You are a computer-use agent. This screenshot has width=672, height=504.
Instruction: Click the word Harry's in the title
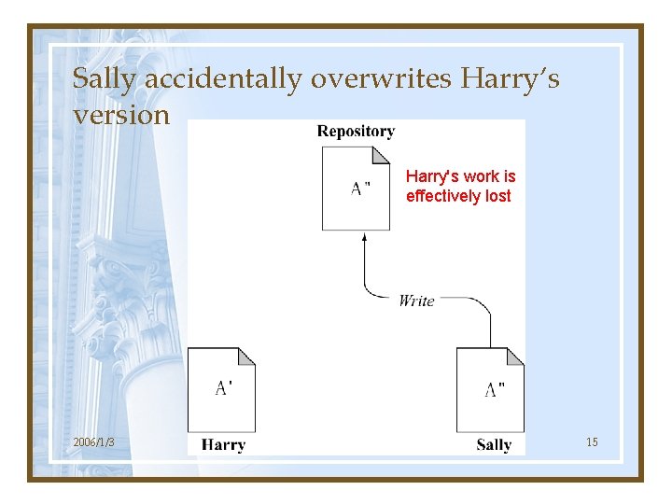(x=510, y=79)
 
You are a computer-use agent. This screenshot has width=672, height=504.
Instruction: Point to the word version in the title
(x=121, y=115)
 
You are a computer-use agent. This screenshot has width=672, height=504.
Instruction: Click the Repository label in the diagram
(x=356, y=132)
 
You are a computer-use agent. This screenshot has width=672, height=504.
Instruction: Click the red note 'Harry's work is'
(x=460, y=176)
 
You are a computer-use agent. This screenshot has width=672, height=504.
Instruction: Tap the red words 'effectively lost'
(x=458, y=196)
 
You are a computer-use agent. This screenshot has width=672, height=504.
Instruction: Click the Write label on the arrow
(x=416, y=301)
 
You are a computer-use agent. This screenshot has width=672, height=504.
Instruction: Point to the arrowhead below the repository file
(x=364, y=237)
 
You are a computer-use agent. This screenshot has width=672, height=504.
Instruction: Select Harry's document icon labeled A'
(x=221, y=389)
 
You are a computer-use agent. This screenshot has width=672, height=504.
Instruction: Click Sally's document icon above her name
(x=490, y=389)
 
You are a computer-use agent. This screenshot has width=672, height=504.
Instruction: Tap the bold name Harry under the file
(x=223, y=445)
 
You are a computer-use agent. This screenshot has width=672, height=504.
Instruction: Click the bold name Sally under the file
(x=494, y=445)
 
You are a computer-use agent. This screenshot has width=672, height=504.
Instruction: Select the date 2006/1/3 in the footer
(x=93, y=441)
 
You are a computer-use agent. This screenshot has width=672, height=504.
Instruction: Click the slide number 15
(x=592, y=441)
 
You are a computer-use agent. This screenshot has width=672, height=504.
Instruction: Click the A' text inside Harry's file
(x=224, y=388)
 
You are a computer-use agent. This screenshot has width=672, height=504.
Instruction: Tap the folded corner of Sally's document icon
(x=515, y=357)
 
